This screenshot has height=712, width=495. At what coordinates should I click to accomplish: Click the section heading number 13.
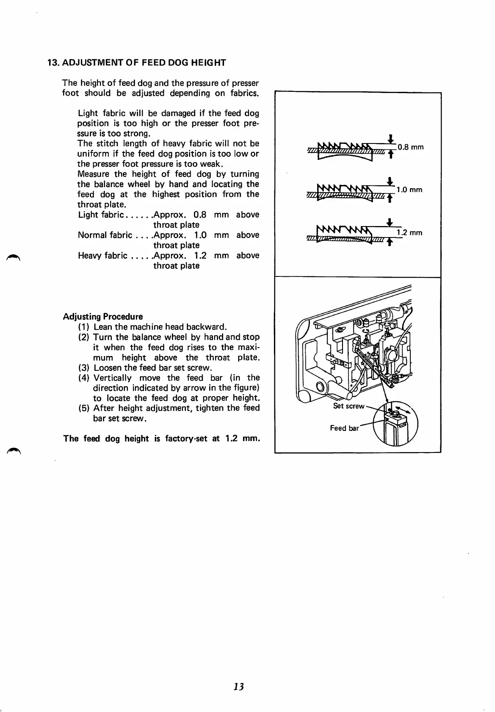pos(53,63)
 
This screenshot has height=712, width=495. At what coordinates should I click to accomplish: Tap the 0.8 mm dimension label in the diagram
pos(410,147)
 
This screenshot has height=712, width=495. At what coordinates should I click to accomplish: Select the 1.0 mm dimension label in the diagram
pos(409,190)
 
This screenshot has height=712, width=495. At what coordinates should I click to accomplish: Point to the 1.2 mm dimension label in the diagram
pos(409,233)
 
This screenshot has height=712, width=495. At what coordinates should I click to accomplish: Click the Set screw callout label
pos(348,406)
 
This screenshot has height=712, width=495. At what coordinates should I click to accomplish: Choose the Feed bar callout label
pos(344,428)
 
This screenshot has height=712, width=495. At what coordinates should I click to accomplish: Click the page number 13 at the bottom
pos(238,687)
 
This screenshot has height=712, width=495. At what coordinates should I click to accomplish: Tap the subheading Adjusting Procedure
pos(103,317)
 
